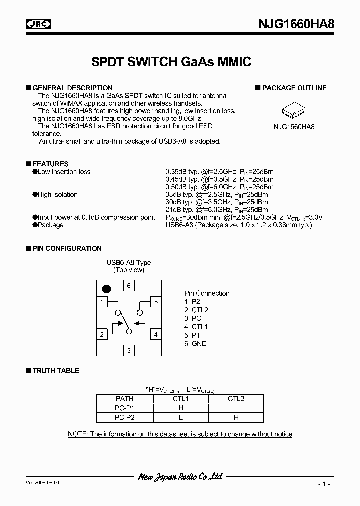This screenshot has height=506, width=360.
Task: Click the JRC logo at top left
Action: (39, 23)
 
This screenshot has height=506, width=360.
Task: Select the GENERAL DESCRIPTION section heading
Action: (72, 88)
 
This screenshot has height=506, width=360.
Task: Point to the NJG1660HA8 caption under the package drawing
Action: (294, 127)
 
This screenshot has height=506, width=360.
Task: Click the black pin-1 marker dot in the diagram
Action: (106, 288)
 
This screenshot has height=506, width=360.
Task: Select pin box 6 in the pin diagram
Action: (129, 286)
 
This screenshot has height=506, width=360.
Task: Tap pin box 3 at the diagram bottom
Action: (129, 350)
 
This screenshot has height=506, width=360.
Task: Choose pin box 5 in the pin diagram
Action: (156, 302)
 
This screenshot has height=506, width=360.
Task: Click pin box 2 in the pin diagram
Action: (102, 334)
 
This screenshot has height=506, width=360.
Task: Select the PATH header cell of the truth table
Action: (124, 399)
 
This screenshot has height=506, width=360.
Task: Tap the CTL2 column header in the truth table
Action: (236, 399)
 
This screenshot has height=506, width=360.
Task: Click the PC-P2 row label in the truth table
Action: (124, 417)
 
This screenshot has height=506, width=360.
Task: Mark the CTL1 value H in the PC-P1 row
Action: (180, 408)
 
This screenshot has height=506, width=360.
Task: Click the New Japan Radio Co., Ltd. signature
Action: (180, 477)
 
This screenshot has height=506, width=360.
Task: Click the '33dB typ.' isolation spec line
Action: (217, 195)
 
